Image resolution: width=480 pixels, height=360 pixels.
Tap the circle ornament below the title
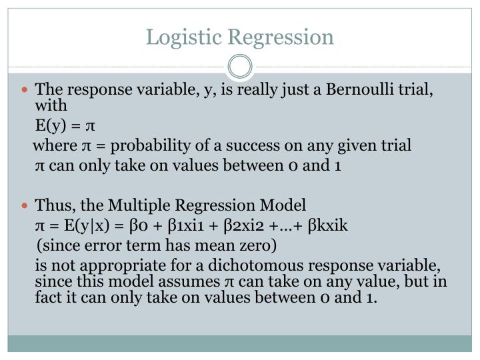[x=240, y=66]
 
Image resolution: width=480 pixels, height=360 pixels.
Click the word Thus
[x=51, y=205]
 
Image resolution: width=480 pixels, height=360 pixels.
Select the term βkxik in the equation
[x=328, y=225]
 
